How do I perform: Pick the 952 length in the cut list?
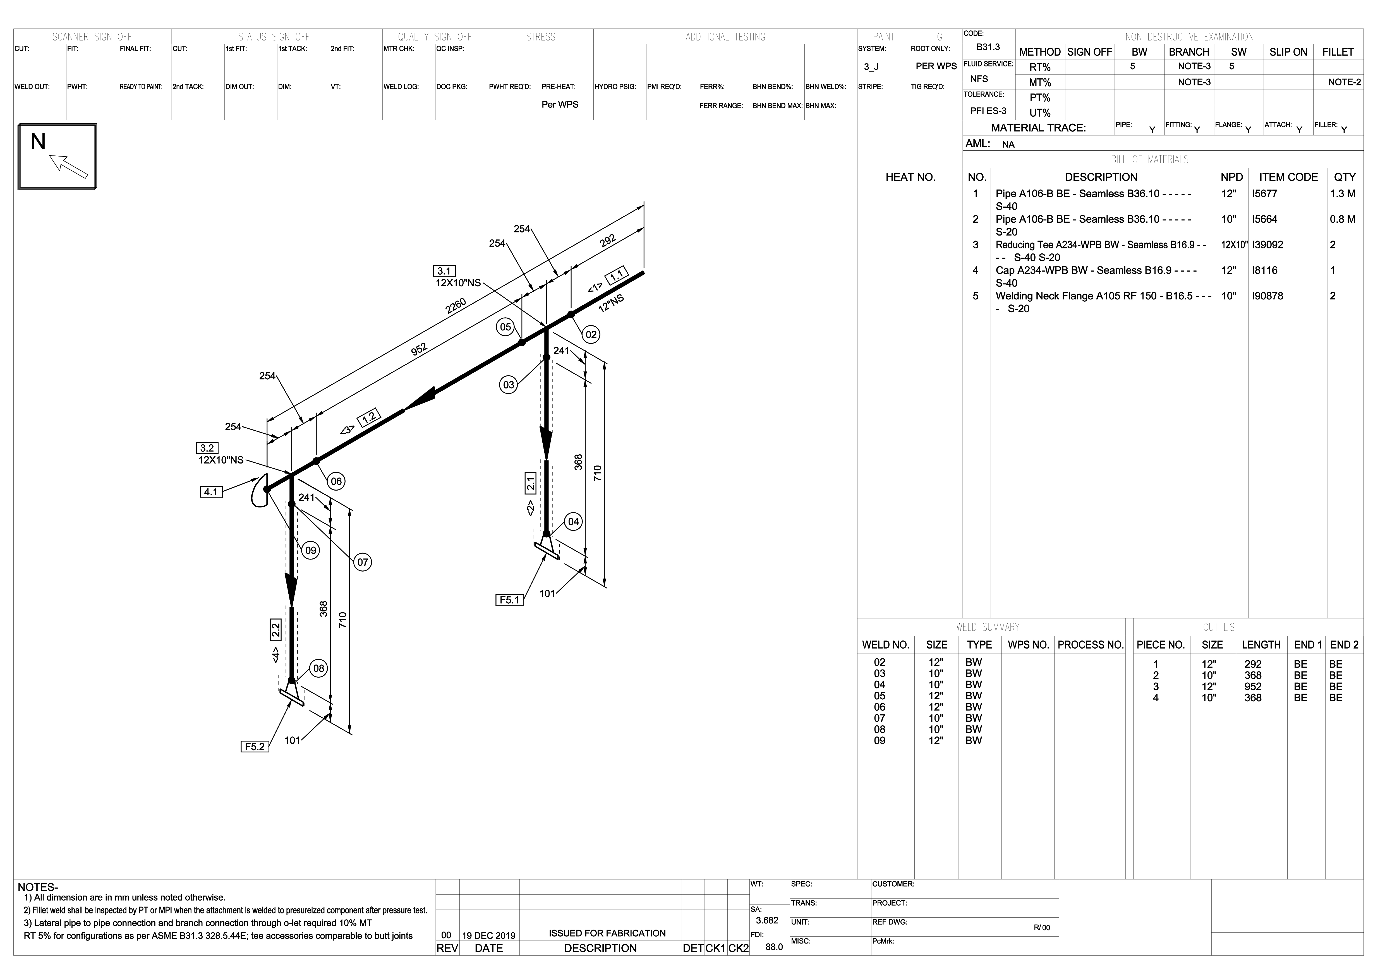(1253, 687)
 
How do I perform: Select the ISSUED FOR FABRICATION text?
(607, 933)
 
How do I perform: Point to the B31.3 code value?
(988, 47)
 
